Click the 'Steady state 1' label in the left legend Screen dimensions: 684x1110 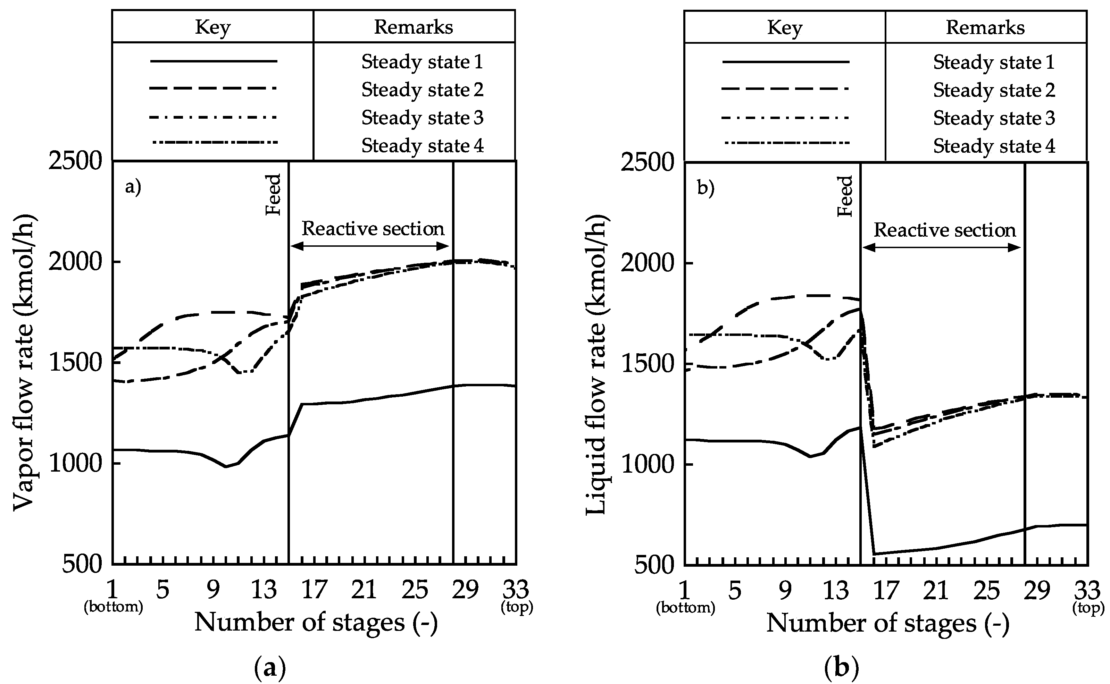(422, 62)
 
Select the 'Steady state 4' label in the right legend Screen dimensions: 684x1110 (994, 146)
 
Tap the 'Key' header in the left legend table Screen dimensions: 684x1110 (213, 27)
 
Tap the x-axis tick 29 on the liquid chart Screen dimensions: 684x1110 (1037, 590)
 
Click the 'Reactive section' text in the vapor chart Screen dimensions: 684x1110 (373, 229)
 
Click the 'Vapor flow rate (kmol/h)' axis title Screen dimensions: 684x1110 (24, 362)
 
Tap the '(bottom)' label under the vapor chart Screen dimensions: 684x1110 (113, 607)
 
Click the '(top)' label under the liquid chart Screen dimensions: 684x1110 (1087, 608)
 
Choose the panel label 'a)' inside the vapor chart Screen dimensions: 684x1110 (133, 187)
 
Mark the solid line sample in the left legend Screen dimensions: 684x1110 (213, 61)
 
